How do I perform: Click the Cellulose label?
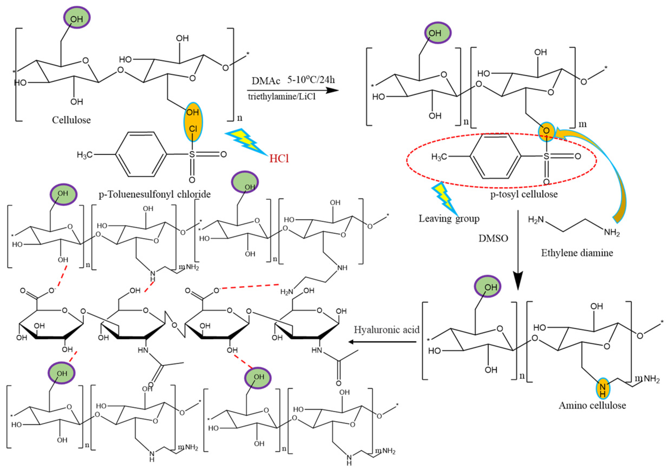tap(71, 120)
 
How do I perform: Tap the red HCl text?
tap(279, 159)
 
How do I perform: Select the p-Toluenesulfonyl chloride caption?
tap(155, 194)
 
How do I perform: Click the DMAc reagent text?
tap(266, 80)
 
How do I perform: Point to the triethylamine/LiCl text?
tap(282, 97)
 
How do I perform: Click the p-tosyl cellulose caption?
tap(524, 194)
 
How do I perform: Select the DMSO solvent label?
tap(493, 238)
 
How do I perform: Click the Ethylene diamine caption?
tap(577, 253)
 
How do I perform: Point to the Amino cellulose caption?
tap(592, 405)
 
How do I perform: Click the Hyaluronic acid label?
tap(386, 330)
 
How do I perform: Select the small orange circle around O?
tap(546, 131)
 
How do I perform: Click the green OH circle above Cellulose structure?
tap(77, 18)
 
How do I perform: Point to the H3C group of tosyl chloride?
tap(84, 154)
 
